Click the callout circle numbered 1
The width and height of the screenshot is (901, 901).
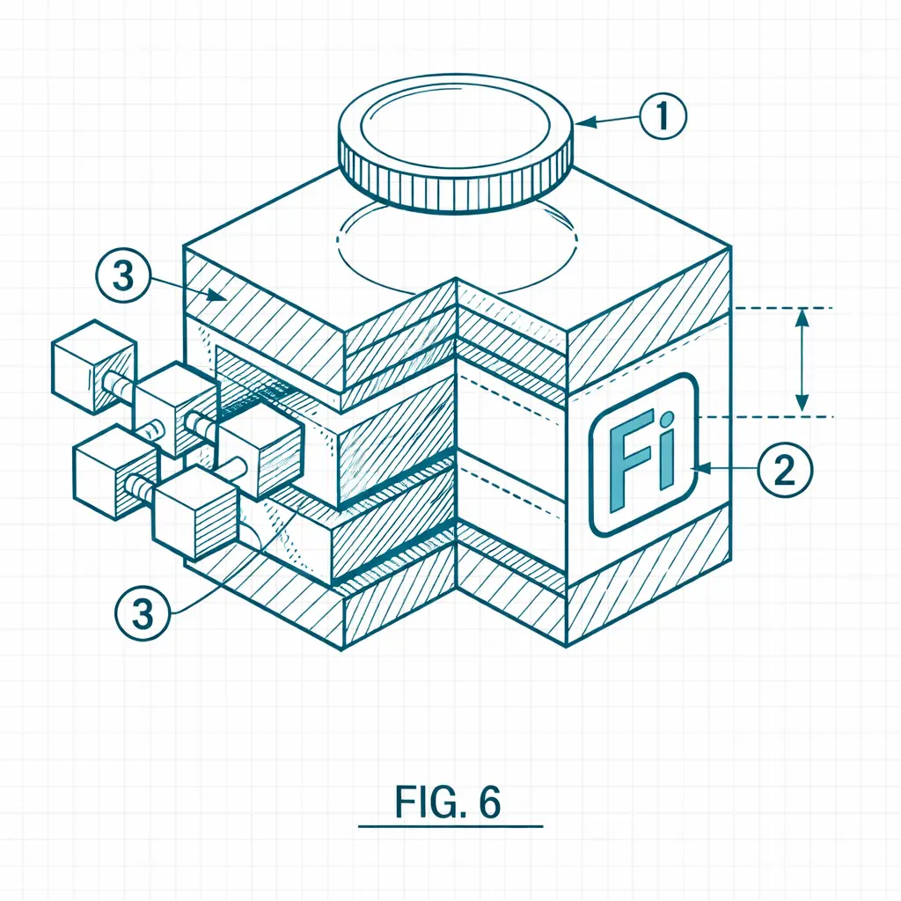pyautogui.click(x=663, y=115)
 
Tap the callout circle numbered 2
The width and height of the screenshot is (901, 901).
pyautogui.click(x=785, y=469)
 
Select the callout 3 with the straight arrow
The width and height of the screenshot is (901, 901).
pyautogui.click(x=123, y=275)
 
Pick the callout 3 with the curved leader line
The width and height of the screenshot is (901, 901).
pyautogui.click(x=143, y=612)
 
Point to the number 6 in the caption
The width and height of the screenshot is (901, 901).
pyautogui.click(x=490, y=801)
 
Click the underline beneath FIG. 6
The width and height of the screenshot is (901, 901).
pyautogui.click(x=450, y=826)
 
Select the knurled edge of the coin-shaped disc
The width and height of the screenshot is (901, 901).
pyautogui.click(x=455, y=178)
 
